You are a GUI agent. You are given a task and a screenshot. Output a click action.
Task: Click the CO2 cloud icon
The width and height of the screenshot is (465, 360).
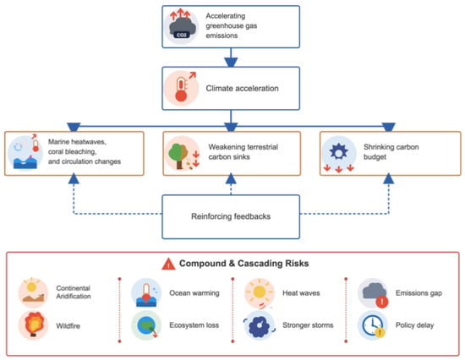click(182, 27)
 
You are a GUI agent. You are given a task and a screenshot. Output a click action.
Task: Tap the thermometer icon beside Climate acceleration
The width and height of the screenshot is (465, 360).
click(181, 89)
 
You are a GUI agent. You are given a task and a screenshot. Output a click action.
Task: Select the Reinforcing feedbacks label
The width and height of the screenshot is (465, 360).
click(231, 216)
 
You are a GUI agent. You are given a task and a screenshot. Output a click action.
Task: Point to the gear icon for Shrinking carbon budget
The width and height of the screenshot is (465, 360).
click(339, 153)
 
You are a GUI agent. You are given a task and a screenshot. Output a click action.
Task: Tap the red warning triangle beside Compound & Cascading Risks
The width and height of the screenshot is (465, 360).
click(168, 264)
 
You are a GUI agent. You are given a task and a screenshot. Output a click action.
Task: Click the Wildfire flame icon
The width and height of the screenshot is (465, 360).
click(33, 325)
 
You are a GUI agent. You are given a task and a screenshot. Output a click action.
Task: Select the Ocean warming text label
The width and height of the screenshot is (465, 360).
click(194, 293)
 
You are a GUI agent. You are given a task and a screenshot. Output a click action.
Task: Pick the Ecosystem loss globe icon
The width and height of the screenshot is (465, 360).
click(146, 325)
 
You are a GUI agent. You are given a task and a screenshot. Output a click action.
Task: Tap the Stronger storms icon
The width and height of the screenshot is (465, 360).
click(260, 325)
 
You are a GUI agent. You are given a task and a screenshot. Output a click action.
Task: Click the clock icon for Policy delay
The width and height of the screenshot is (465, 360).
click(373, 325)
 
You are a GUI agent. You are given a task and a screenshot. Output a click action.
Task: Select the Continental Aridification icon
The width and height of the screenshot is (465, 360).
click(33, 293)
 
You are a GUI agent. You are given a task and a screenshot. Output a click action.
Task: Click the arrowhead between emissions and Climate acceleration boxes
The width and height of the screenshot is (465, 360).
click(231, 63)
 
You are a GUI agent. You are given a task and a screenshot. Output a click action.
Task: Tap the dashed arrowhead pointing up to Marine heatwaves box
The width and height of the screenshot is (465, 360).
click(74, 179)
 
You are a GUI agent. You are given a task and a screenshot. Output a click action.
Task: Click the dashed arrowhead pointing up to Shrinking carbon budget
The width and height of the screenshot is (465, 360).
click(389, 179)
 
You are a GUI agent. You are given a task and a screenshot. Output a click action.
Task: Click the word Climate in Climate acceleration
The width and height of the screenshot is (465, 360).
click(218, 89)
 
